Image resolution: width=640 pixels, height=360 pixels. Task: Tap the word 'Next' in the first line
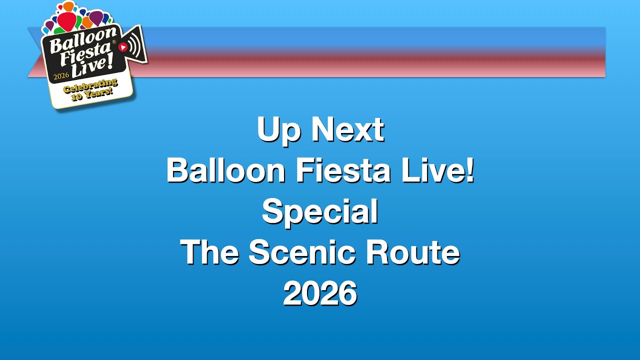tap(347, 129)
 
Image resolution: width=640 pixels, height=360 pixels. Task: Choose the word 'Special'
tap(320, 212)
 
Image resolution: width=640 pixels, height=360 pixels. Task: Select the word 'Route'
tap(412, 252)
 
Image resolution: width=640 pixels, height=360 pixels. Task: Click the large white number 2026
tap(320, 293)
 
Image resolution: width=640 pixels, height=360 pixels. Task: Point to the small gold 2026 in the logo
tap(61, 77)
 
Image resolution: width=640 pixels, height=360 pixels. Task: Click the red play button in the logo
tap(122, 47)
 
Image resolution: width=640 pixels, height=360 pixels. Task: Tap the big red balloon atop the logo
tap(67, 20)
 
